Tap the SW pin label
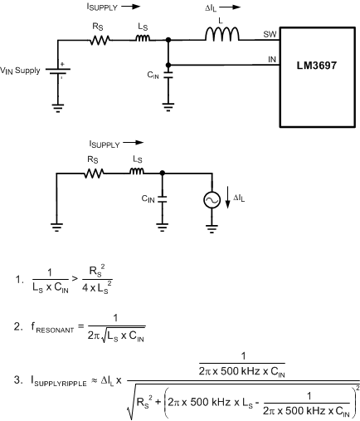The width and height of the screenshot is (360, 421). [x=270, y=35]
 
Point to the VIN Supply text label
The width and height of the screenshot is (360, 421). [x=26, y=71]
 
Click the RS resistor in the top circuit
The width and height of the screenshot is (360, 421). [x=100, y=39]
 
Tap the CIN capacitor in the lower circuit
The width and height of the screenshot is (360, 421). [x=162, y=199]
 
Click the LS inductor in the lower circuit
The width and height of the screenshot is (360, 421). [x=136, y=173]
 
